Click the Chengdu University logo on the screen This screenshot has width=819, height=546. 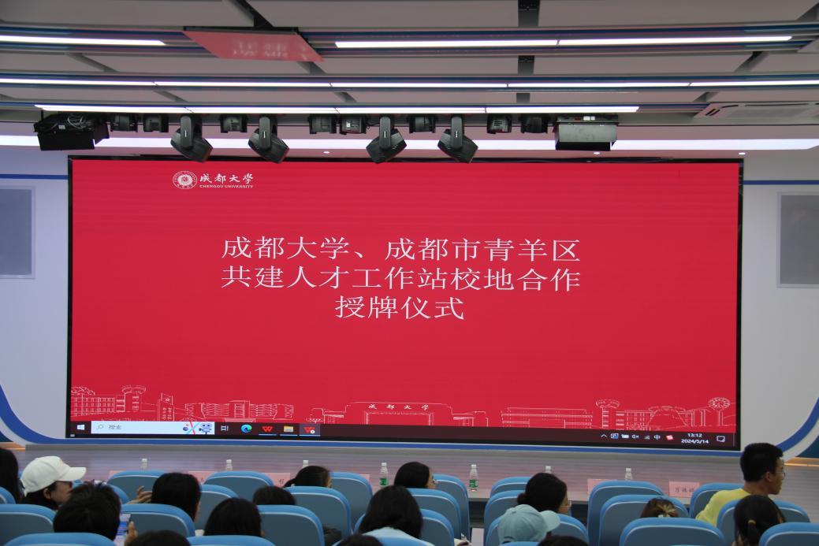pyautogui.click(x=213, y=180)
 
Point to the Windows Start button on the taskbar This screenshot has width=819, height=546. pyautogui.click(x=80, y=428)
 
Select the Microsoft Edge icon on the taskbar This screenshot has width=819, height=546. pyautogui.click(x=247, y=429)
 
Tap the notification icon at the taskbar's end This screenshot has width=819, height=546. pyautogui.click(x=720, y=438)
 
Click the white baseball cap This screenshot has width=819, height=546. pyautogui.click(x=50, y=474)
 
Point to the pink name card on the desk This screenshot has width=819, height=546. pyautogui.click(x=683, y=488)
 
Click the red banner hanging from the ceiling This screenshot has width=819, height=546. pyautogui.click(x=253, y=44)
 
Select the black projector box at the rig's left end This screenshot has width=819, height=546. pyautogui.click(x=69, y=131)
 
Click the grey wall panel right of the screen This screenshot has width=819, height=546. pyautogui.click(x=798, y=239)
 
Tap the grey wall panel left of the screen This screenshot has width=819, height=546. pyautogui.click(x=16, y=232)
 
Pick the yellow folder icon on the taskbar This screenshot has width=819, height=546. pyautogui.click(x=289, y=429)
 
